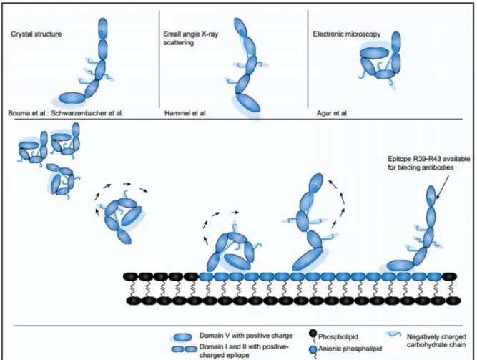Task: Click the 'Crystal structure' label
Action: [x=36, y=34]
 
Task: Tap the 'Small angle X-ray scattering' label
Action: [x=191, y=38]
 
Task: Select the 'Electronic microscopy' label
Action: [x=347, y=34]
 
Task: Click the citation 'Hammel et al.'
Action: [x=185, y=113]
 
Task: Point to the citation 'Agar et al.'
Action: [x=333, y=113]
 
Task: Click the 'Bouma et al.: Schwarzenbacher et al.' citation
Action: [x=66, y=113]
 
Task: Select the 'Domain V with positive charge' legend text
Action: [x=246, y=336]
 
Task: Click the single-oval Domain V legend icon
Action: [x=182, y=337]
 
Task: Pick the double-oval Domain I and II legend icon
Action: [x=184, y=349]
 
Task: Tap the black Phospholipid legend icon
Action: [x=313, y=336]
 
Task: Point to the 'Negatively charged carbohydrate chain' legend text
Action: [x=436, y=341]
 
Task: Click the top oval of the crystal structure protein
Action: [x=103, y=29]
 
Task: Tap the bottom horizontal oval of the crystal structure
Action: [x=72, y=98]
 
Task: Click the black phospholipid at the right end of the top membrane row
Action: [x=449, y=276]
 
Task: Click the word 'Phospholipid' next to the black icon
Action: [x=338, y=336]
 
